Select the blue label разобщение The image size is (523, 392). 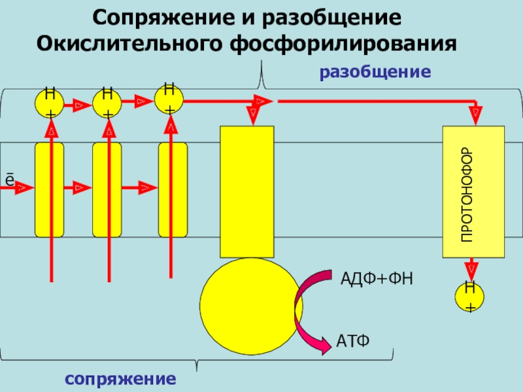point(375,71)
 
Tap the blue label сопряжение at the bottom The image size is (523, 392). point(120,379)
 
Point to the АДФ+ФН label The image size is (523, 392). point(379,280)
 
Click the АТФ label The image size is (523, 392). point(353,340)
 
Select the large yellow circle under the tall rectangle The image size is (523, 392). point(242,301)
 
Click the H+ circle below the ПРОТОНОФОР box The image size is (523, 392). point(469,295)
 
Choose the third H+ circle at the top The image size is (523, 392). point(169,99)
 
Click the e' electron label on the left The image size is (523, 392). point(9,178)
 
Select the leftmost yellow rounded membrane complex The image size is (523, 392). point(49,189)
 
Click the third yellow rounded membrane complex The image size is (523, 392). point(173,189)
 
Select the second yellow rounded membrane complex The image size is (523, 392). point(107,189)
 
